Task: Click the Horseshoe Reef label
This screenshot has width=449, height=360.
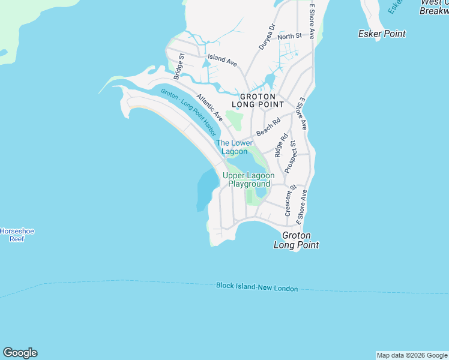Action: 11,235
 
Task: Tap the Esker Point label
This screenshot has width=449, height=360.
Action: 381,34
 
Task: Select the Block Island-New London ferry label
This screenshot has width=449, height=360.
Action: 257,287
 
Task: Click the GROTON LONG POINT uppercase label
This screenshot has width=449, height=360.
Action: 258,100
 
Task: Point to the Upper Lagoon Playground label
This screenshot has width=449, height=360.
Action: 249,179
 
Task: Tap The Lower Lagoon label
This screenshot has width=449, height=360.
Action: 234,147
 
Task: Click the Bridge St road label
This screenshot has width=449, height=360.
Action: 178,67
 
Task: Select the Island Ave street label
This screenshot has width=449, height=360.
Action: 222,59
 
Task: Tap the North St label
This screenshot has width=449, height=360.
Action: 289,37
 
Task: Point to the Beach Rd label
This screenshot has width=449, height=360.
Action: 268,127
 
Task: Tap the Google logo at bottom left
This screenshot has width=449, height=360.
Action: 20,353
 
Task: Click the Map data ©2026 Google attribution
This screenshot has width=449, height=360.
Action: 412,355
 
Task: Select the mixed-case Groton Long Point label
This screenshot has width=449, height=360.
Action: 296,241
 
